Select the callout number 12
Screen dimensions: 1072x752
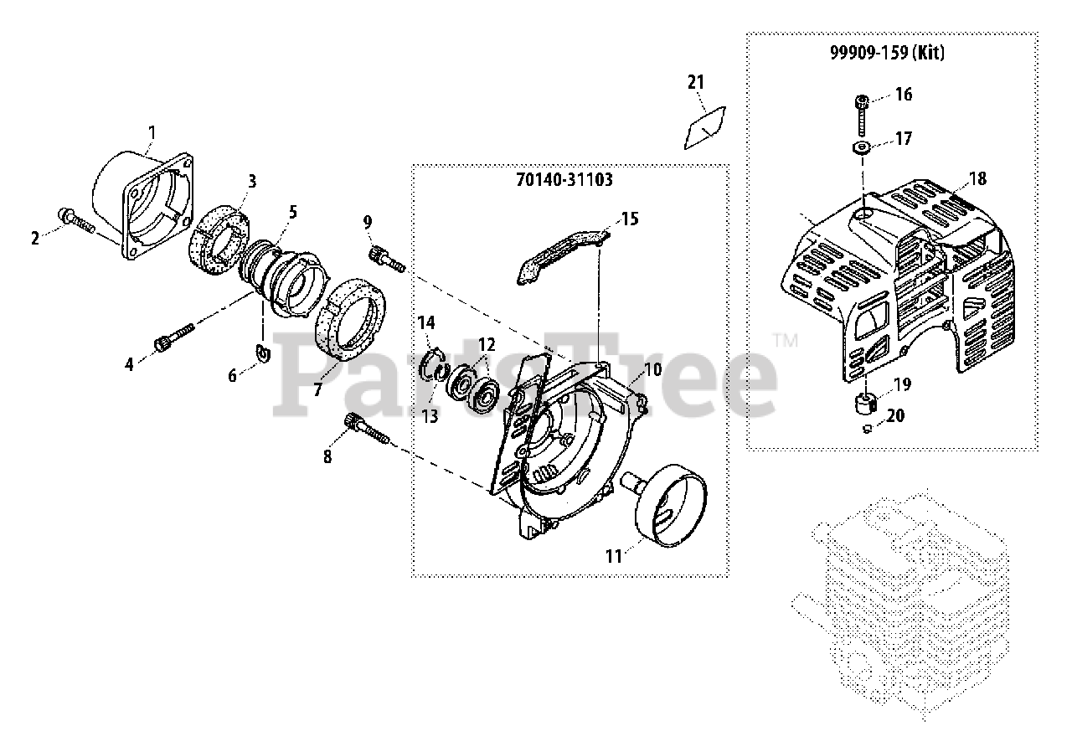(487, 343)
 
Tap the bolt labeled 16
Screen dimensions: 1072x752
(863, 113)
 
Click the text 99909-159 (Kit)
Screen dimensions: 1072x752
(887, 53)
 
